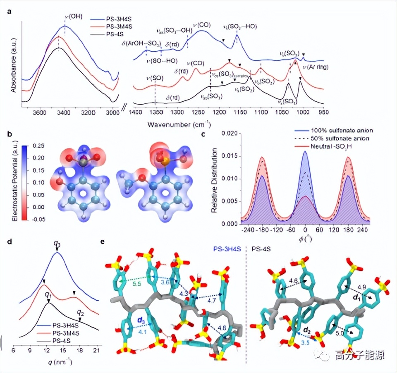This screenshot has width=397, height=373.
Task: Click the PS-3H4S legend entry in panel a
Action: tap(119, 19)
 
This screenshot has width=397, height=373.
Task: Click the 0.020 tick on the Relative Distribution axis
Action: tap(229, 134)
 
